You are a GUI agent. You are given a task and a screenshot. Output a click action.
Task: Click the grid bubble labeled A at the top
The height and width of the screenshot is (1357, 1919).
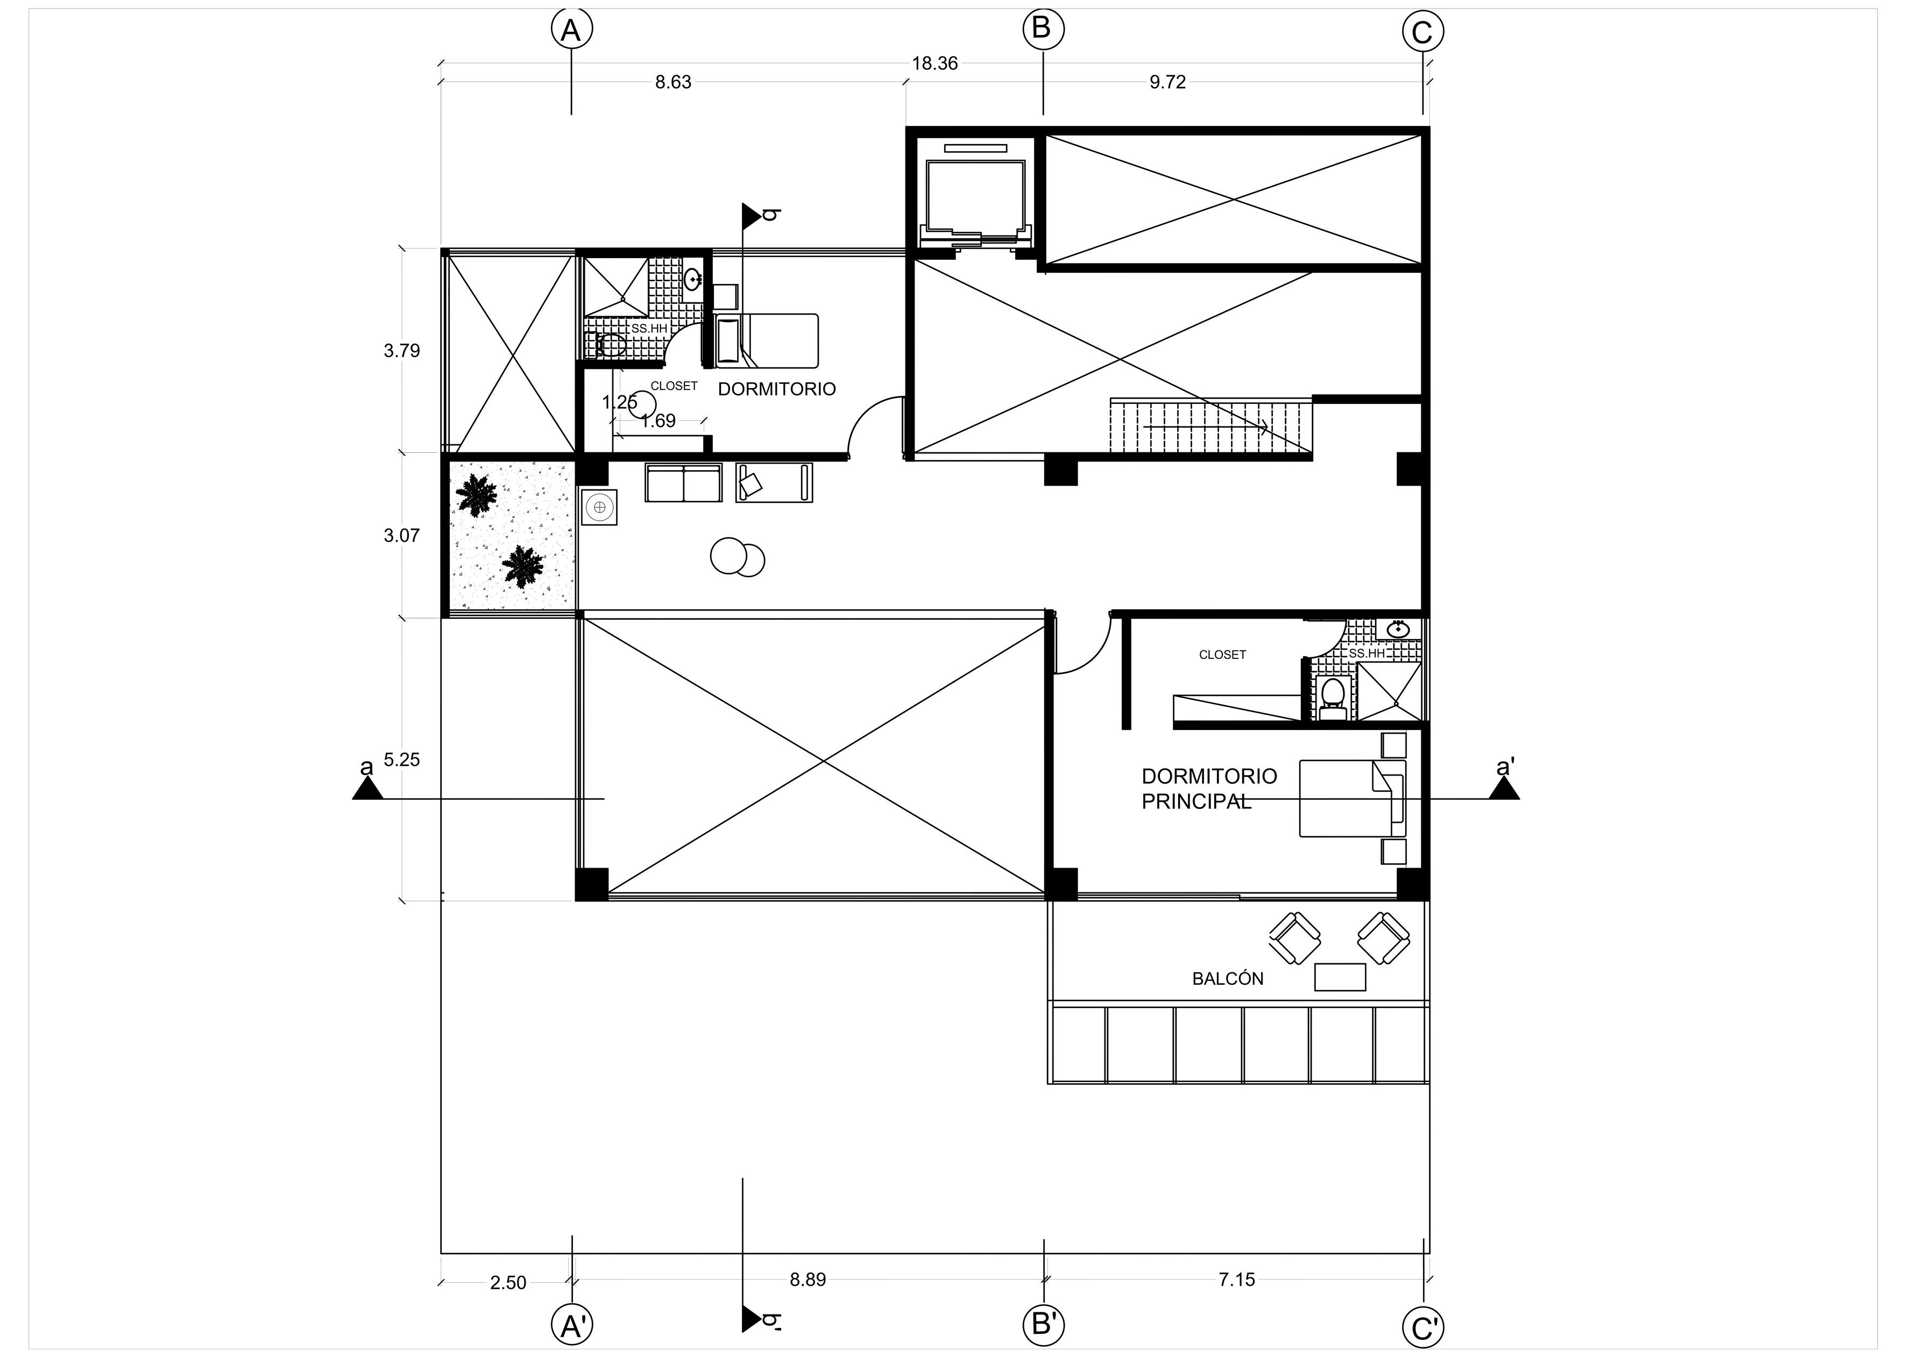point(572,30)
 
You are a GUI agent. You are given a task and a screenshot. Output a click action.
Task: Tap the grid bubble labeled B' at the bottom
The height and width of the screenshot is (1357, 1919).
point(1044,1324)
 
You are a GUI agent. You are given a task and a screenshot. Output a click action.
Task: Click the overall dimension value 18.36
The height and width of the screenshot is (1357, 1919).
point(934,63)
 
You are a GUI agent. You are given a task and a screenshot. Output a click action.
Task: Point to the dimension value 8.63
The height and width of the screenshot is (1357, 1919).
point(673,82)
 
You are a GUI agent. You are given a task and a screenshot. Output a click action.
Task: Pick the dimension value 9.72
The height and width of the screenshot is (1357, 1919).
point(1167,82)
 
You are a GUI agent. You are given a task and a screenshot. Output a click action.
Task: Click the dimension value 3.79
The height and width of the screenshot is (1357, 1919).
point(402,351)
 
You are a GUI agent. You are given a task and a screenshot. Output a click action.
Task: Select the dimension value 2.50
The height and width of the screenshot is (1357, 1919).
point(508,1283)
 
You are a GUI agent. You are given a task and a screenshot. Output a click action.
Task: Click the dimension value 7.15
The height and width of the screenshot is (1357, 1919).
point(1237,1280)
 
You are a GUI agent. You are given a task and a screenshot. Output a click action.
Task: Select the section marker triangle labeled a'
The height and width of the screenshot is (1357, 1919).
point(1504,789)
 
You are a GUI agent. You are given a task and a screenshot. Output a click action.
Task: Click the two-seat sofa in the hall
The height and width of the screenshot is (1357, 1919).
point(684,483)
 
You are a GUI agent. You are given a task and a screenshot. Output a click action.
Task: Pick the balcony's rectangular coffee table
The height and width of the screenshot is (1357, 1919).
point(1341,977)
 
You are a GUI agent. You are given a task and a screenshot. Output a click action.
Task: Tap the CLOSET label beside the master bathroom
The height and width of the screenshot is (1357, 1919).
point(1222,655)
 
